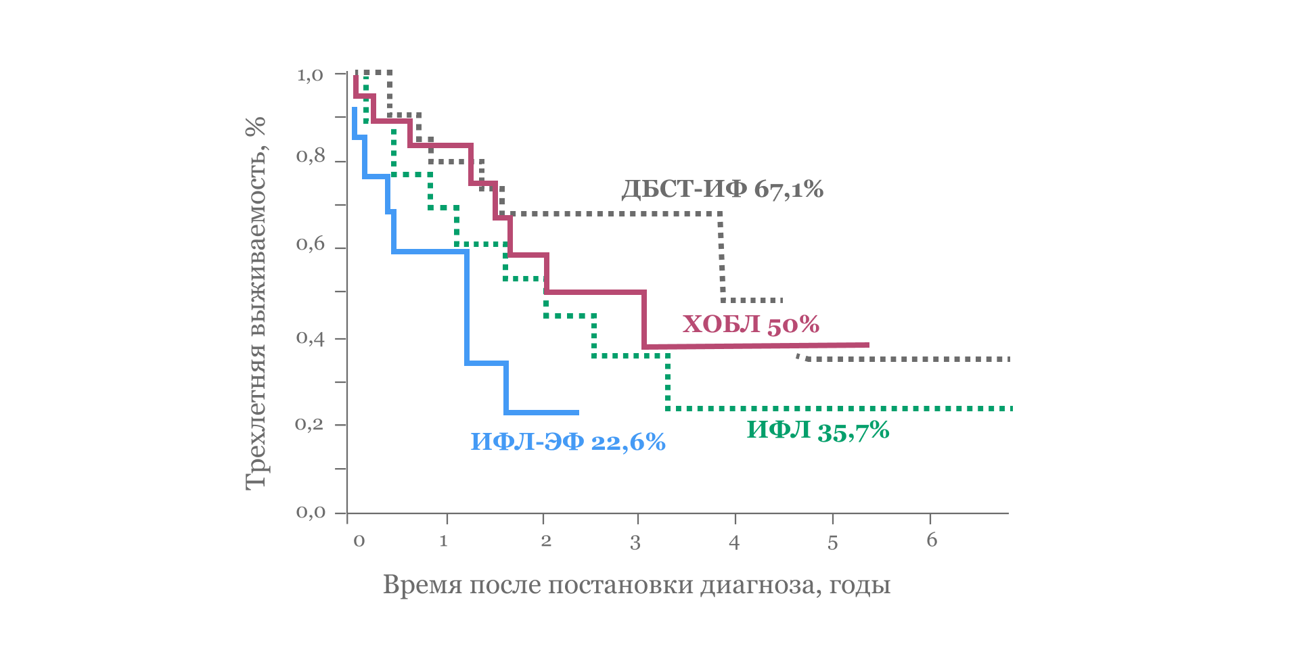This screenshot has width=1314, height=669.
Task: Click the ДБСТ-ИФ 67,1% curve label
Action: coord(722,189)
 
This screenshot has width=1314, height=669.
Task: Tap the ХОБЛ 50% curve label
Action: coord(750,325)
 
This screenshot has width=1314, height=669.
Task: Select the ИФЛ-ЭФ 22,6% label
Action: coord(568,442)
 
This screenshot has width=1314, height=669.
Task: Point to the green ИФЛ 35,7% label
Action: coord(817,431)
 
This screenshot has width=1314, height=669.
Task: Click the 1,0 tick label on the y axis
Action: coord(310,74)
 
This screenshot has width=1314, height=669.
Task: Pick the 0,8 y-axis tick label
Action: coord(310,157)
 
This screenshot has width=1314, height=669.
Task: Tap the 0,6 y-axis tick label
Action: coord(310,244)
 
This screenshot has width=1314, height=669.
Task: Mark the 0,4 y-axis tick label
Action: coord(310,337)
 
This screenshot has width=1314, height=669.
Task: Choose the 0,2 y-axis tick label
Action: coord(310,425)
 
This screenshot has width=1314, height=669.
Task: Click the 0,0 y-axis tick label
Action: coord(310,512)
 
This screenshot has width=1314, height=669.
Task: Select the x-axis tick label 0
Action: coord(359,540)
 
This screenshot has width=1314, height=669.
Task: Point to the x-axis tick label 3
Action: coord(635,543)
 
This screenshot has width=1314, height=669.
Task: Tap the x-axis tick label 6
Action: coord(932,540)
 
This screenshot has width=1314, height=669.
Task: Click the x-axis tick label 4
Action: coord(734,543)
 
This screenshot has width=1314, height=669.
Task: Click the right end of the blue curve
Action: coord(577,413)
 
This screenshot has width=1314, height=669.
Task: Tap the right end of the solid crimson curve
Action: coord(867,345)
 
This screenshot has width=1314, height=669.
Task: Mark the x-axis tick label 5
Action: coord(832,543)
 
